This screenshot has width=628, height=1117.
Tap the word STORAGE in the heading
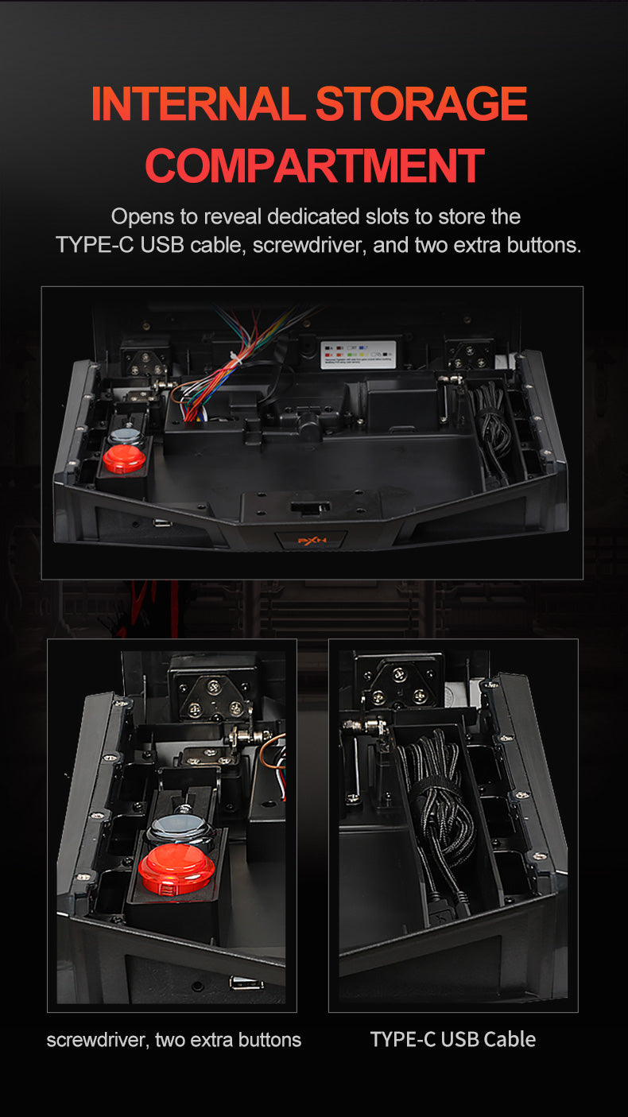coord(421,104)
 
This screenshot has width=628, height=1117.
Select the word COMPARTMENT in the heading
coord(314,165)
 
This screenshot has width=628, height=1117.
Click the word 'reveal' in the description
coord(233,216)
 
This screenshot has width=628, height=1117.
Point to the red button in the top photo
coord(124,460)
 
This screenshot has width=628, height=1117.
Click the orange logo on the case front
coord(311,541)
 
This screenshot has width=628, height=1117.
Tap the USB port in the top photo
coord(162,523)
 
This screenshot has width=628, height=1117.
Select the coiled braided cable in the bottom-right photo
coord(437,803)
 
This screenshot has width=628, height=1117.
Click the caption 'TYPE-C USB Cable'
coord(452,1039)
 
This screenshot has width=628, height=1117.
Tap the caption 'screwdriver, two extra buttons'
coord(174,1039)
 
